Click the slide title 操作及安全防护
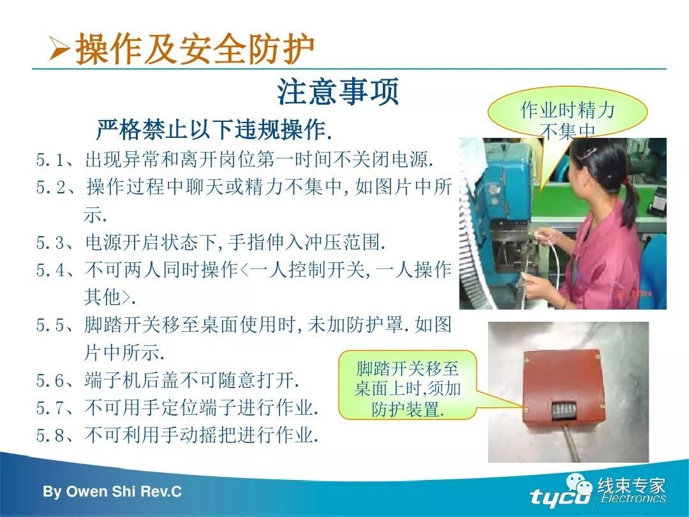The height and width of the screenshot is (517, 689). pyautogui.click(x=195, y=49)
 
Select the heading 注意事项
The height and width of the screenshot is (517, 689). pyautogui.click(x=337, y=92)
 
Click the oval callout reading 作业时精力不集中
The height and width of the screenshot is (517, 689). pyautogui.click(x=567, y=116)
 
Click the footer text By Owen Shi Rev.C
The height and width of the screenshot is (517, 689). pyautogui.click(x=112, y=491)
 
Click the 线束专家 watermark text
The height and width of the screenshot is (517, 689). pyautogui.click(x=631, y=486)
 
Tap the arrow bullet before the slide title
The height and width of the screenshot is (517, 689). pyautogui.click(x=61, y=50)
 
